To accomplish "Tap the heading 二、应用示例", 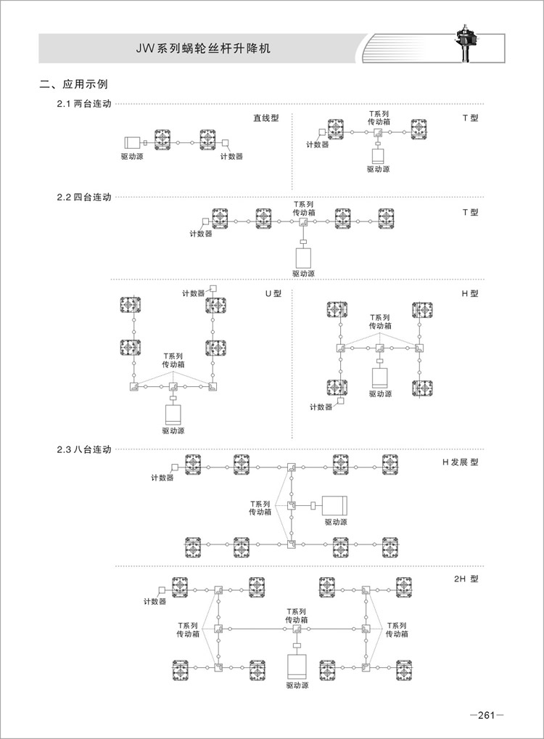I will tap(74, 85).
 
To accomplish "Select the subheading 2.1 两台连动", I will tap(84, 105).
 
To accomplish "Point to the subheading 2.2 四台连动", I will tap(84, 197).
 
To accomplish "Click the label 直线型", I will tap(265, 118).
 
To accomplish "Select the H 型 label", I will tap(470, 294).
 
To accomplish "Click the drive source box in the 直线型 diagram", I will tap(133, 142).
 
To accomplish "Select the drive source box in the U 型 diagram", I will tap(173, 414).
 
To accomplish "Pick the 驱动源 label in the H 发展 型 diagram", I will tap(335, 521).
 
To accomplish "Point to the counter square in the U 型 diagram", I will tap(213, 285).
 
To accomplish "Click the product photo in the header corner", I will tap(463, 44).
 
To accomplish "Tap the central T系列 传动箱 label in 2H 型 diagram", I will tap(296, 616).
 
